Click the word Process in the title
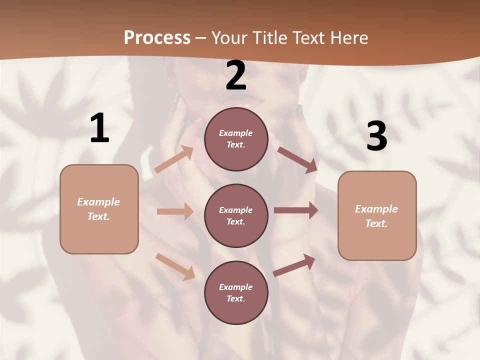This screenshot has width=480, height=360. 157,37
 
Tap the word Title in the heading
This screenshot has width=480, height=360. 267,37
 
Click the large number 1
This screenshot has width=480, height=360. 99,128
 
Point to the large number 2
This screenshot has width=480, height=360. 236,76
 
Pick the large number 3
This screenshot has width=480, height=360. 376,136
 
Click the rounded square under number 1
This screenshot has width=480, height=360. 99,209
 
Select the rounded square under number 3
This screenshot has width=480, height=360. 377,216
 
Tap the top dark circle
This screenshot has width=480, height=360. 236,139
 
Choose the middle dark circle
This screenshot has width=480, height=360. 236,215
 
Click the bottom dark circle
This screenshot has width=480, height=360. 236,292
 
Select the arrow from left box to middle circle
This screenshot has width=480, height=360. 175,211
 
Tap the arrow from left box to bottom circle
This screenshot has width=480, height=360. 175,266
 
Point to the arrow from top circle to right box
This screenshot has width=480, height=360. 297,160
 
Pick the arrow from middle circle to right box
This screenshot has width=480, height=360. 296,210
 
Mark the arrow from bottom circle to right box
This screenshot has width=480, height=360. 294,265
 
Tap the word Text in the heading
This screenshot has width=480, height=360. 308,37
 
